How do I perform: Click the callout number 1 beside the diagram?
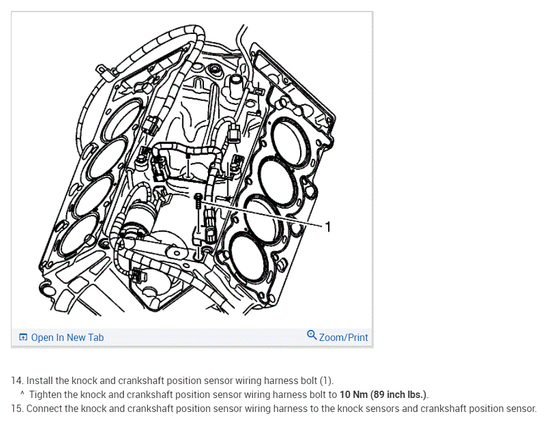(x=328, y=227)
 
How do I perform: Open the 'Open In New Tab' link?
(x=67, y=337)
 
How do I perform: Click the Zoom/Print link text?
(x=343, y=337)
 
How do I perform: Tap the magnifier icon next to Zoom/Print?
(x=312, y=335)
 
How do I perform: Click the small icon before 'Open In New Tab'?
(x=23, y=337)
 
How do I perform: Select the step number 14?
(x=16, y=381)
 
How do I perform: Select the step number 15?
(x=16, y=408)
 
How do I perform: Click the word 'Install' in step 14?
(x=39, y=381)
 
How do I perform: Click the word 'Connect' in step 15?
(x=44, y=408)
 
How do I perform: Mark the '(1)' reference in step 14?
(x=326, y=381)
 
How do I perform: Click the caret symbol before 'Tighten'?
(x=22, y=394)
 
